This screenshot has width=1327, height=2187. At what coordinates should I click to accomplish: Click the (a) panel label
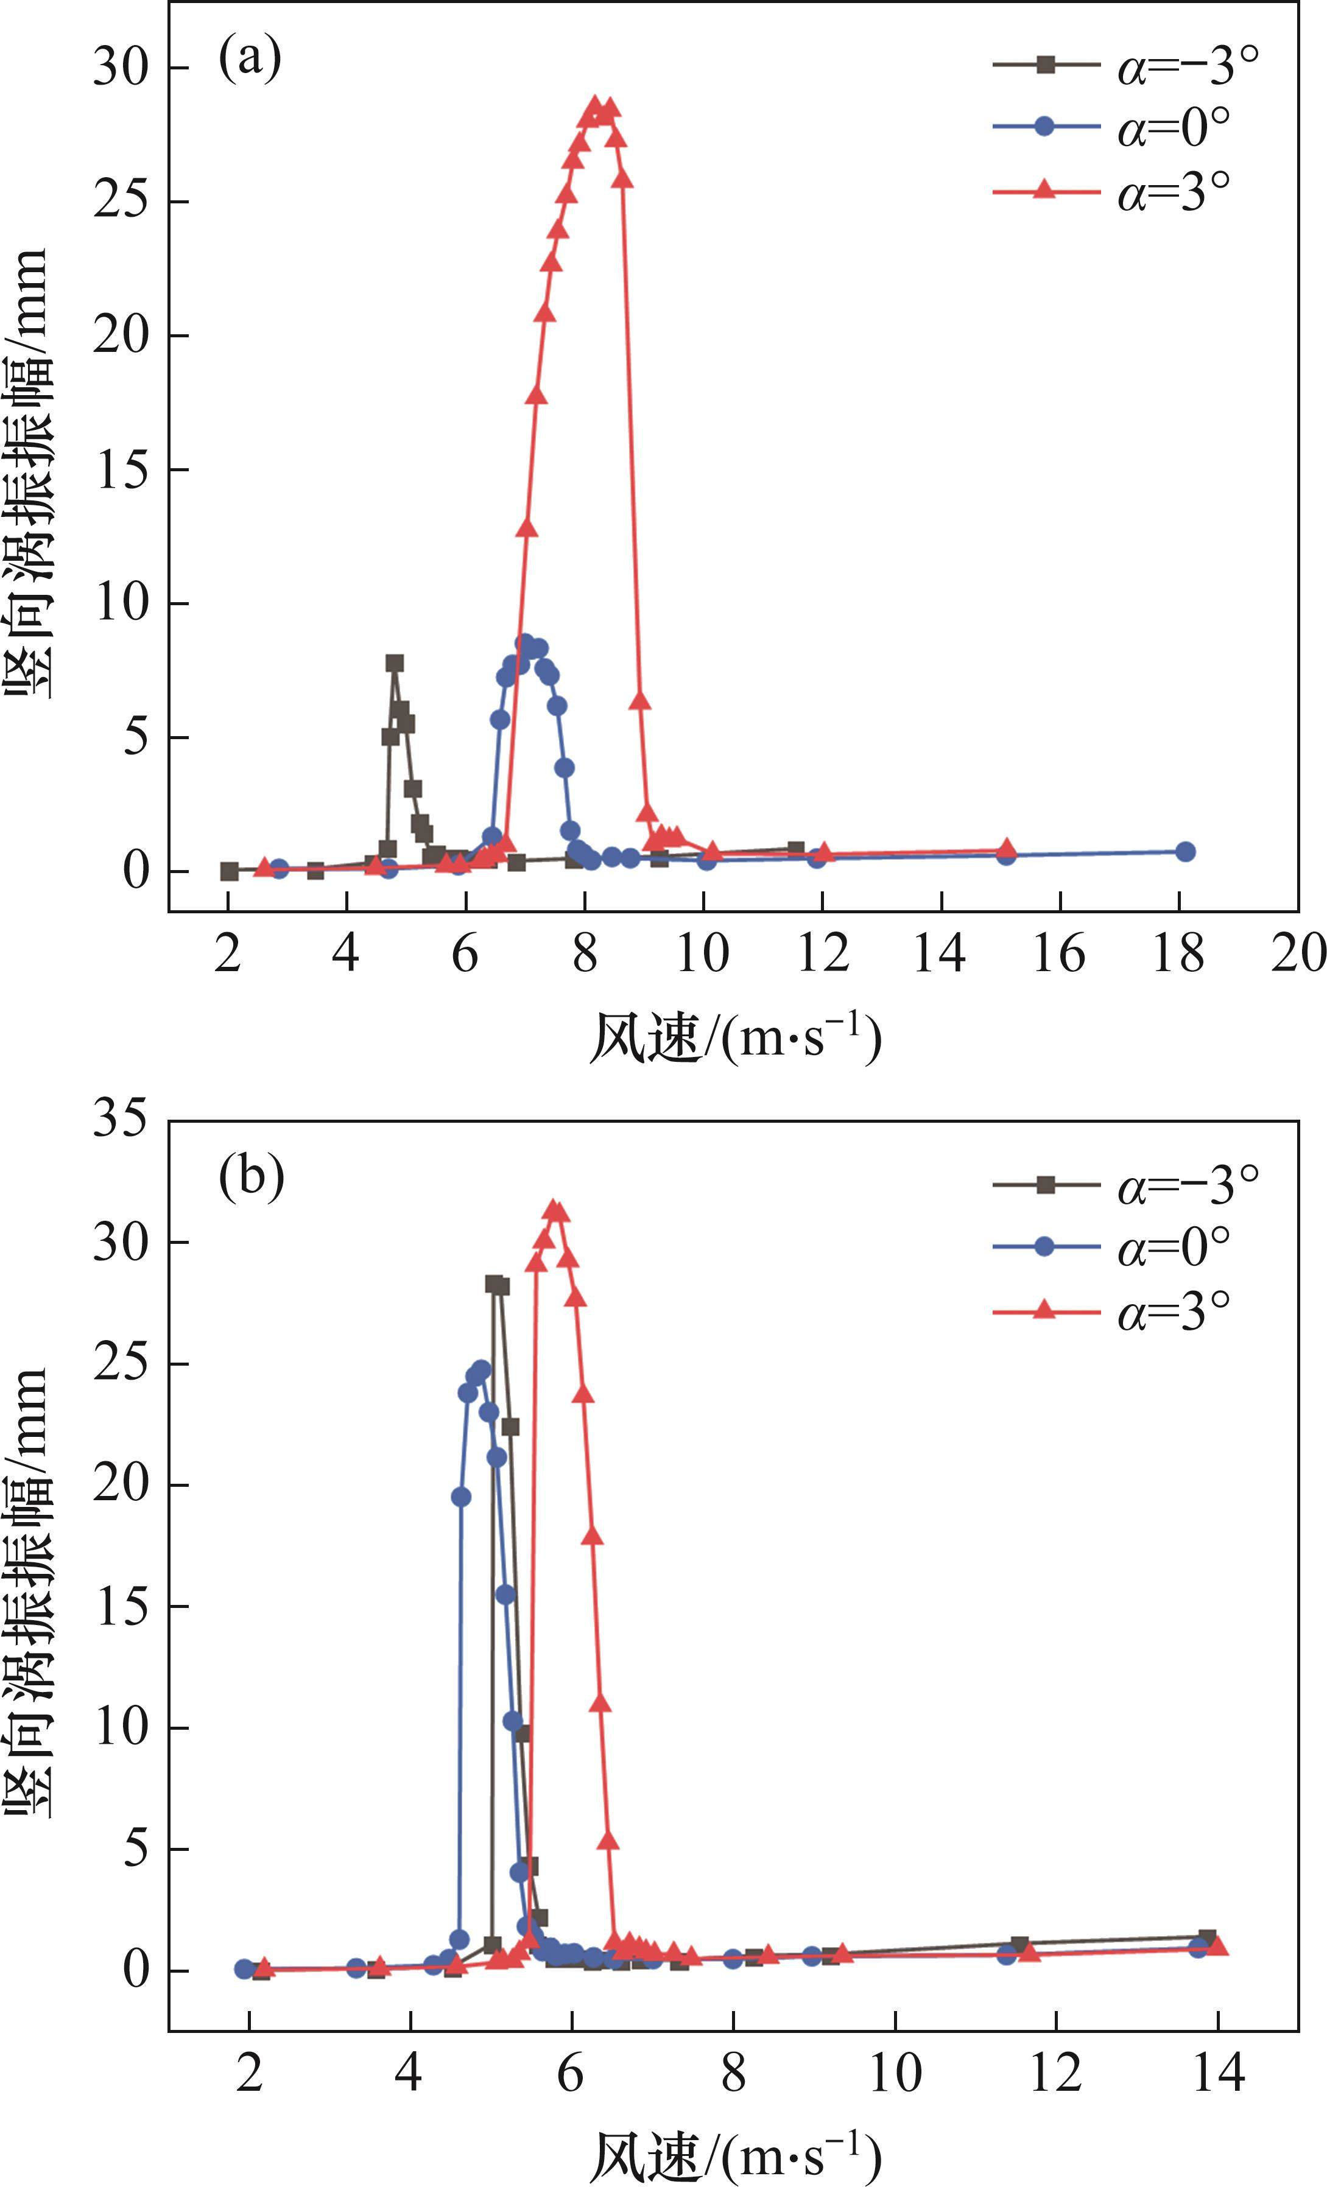pos(250,60)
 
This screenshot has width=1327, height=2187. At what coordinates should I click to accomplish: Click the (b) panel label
pos(251,1176)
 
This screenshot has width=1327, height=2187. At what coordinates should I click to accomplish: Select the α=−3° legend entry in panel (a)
pos(1125,66)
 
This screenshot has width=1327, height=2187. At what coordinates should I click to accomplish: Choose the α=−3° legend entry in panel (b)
pos(1125,1185)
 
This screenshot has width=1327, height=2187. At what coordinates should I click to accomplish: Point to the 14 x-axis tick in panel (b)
pos(1218,2073)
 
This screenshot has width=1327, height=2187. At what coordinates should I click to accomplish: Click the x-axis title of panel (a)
pos(735,1037)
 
